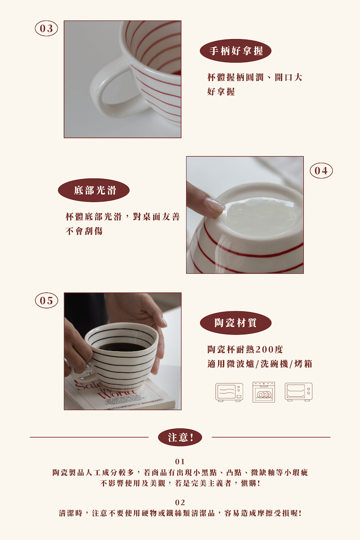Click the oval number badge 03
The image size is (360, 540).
pyautogui.click(x=46, y=28)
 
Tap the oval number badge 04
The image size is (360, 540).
pyautogui.click(x=321, y=171)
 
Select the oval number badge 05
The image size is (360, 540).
pyautogui.click(x=46, y=301)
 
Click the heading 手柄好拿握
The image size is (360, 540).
pyautogui.click(x=236, y=51)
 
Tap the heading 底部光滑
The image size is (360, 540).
pyautogui.click(x=94, y=190)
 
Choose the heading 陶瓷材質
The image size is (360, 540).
pyautogui.click(x=236, y=323)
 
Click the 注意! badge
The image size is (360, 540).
pyautogui.click(x=180, y=437)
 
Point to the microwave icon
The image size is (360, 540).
pyautogui.click(x=229, y=392)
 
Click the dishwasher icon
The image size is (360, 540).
pyautogui.click(x=264, y=392)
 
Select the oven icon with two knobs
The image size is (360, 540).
pyautogui.click(x=298, y=392)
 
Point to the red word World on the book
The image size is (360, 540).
pyautogui.click(x=116, y=395)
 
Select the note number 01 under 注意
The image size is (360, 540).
pyautogui.click(x=180, y=462)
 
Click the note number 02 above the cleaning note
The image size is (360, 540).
pyautogui.click(x=180, y=503)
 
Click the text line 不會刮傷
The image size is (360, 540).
pyautogui.click(x=84, y=231)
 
